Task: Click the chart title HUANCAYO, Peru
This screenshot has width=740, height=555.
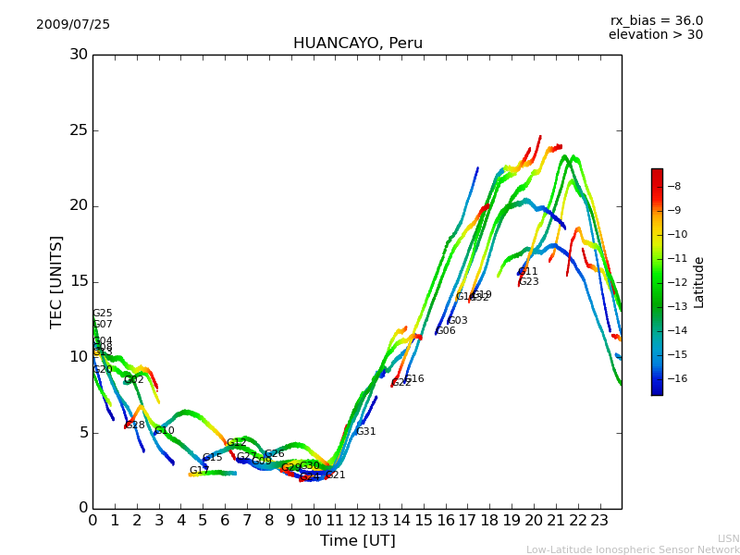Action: (357, 43)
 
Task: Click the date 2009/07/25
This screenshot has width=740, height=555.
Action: (73, 25)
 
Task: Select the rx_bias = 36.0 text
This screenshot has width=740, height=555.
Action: (656, 21)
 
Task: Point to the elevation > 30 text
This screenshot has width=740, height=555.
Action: (655, 35)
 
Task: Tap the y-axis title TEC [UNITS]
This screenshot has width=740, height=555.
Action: (56, 281)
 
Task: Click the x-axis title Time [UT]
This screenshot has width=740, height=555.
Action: (357, 540)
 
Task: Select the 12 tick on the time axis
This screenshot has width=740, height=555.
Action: (357, 520)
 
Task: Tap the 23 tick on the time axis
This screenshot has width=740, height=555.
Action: (599, 520)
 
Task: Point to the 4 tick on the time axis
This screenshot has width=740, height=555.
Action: (180, 520)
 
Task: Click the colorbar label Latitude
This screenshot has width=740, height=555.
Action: (699, 282)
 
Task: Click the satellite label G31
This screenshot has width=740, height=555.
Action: (366, 432)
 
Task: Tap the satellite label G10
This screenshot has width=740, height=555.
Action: (165, 431)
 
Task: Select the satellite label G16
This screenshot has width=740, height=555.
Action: (414, 379)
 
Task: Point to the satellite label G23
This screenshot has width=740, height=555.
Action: (529, 282)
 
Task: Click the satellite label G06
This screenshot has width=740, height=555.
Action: (446, 331)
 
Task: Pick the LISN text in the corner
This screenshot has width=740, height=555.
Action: (728, 538)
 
